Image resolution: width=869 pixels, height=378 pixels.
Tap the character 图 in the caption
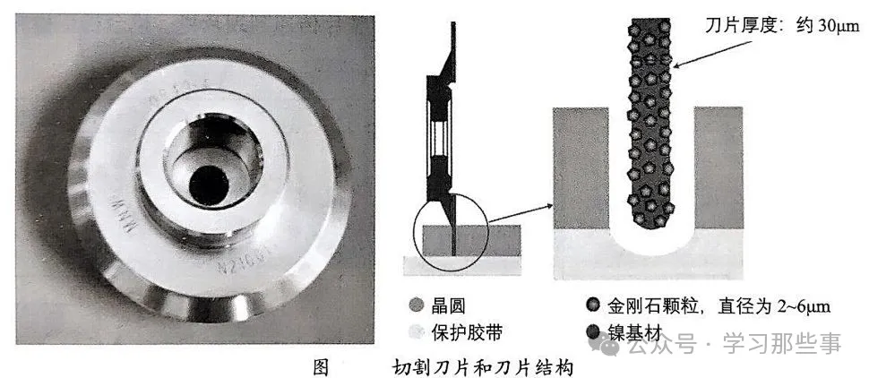click(x=321, y=365)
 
